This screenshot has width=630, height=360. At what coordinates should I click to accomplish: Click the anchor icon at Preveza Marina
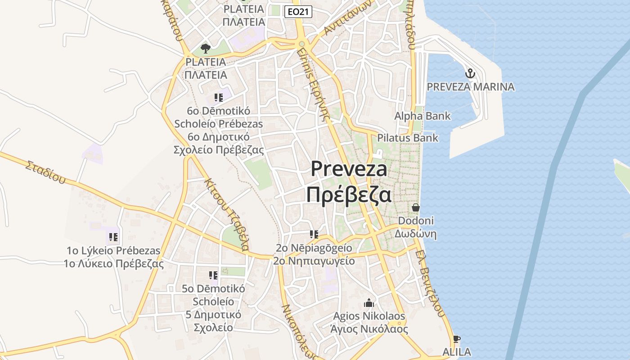[470, 73]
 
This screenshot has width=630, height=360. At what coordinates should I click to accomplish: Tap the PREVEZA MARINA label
[470, 87]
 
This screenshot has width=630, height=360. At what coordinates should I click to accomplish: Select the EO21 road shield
[298, 12]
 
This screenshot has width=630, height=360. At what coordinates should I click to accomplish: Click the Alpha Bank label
[422, 116]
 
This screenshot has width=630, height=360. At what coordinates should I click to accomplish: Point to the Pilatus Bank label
[407, 138]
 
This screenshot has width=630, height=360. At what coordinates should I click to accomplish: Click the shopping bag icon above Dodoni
[416, 207]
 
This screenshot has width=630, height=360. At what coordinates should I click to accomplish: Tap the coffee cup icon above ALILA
[456, 339]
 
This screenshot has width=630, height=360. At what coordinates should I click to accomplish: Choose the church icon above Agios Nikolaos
[369, 303]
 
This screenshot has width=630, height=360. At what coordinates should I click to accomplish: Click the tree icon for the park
[206, 48]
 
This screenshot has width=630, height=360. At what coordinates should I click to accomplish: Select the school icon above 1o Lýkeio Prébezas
[113, 237]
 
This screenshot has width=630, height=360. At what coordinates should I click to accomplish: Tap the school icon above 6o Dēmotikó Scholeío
[219, 98]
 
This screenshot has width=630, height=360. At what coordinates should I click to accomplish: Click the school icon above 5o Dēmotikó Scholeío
[213, 275]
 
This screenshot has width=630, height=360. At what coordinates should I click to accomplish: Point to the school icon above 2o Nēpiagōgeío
[314, 234]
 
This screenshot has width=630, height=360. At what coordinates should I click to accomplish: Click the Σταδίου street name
[45, 172]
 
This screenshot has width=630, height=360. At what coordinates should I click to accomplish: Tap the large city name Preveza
[349, 169]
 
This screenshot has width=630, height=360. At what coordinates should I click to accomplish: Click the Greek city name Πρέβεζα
[349, 195]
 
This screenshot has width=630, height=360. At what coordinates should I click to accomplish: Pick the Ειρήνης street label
[314, 83]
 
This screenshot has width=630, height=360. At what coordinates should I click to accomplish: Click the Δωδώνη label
[416, 234]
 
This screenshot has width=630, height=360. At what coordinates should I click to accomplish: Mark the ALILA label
[456, 352]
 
